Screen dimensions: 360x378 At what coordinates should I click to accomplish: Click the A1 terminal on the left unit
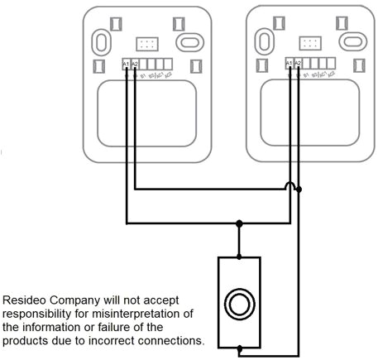[126, 64]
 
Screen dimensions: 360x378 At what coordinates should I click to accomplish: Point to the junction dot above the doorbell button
[240, 223]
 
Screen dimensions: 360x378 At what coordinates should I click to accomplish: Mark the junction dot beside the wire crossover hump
[299, 190]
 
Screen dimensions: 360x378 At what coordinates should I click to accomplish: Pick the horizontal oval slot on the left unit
[188, 41]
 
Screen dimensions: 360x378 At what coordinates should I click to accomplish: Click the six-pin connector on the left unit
[148, 41]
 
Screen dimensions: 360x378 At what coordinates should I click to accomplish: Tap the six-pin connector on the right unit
[311, 41]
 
